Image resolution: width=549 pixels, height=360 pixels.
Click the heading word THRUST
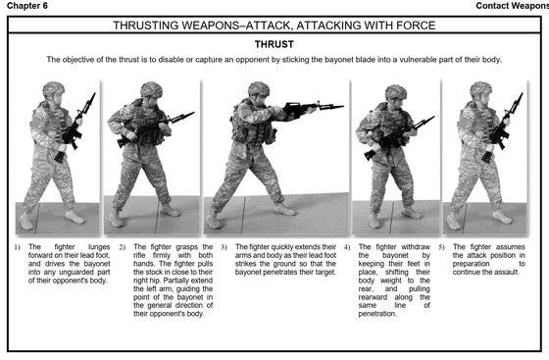point(274,44)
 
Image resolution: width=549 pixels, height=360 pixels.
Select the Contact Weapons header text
point(510,6)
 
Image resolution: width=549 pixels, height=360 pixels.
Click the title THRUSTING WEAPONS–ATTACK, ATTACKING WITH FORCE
point(274,24)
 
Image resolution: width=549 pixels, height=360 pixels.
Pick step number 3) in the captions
point(225,247)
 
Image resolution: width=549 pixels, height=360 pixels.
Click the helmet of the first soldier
point(52,89)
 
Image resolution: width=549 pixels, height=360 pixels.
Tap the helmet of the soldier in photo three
point(258,89)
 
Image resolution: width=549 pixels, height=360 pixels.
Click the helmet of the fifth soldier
point(480,89)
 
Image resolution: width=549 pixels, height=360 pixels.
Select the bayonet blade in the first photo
point(89,102)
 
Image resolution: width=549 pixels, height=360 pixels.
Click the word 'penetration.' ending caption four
point(384,313)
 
